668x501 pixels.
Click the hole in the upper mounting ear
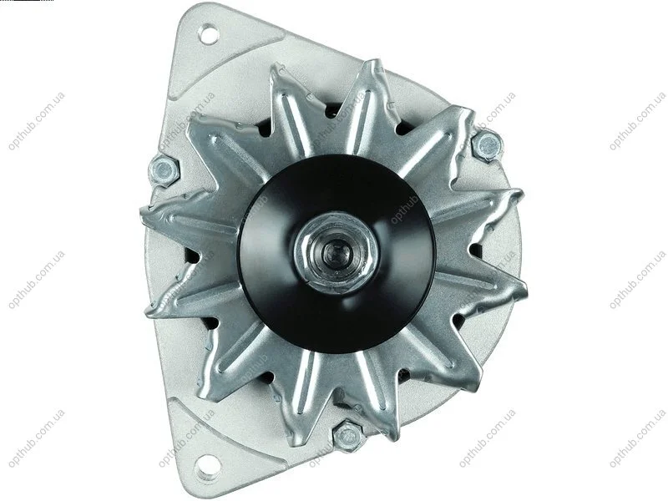[x=209, y=34]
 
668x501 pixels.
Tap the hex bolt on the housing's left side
[x=164, y=170]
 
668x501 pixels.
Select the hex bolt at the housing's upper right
[x=487, y=146]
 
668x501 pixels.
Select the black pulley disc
[x=337, y=254]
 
